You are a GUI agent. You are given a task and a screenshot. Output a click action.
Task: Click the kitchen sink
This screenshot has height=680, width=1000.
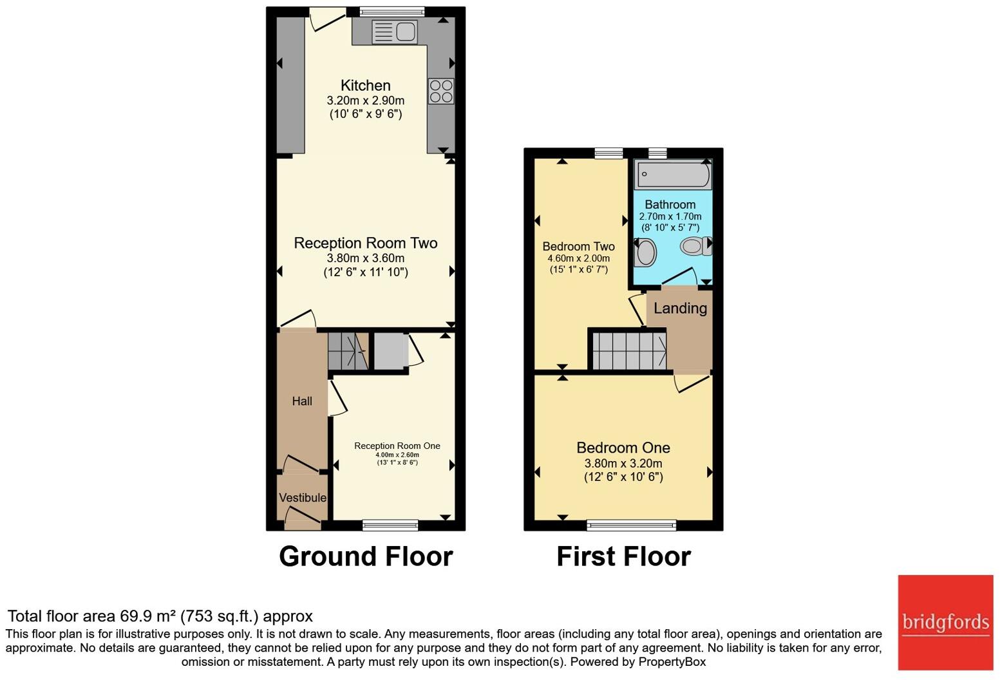click(x=395, y=32)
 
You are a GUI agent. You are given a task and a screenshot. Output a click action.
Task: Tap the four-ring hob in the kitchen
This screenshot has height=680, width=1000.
click(x=441, y=91)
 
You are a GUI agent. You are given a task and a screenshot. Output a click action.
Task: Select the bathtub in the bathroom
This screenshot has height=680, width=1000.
click(x=674, y=174)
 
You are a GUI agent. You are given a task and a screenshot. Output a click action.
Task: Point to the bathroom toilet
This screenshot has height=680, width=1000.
click(x=696, y=246)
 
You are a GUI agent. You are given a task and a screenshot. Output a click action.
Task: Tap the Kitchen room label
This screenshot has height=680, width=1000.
click(x=366, y=85)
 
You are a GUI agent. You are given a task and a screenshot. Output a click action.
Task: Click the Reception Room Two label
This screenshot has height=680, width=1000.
click(x=366, y=243)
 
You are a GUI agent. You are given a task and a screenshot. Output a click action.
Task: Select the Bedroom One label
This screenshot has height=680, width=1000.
click(x=623, y=448)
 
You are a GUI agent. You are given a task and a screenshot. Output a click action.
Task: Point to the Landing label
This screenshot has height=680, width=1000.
click(x=681, y=308)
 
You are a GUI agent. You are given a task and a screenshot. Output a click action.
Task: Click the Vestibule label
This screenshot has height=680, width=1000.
click(x=303, y=497)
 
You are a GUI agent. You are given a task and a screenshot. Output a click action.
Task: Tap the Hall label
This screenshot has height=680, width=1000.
click(x=302, y=401)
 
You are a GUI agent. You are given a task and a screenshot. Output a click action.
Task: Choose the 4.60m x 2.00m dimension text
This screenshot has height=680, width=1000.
click(x=579, y=258)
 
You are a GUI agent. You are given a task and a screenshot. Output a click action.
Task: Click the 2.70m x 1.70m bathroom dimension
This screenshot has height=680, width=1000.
click(x=670, y=216)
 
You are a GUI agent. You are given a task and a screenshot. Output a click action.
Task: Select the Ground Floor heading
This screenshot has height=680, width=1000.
click(x=366, y=556)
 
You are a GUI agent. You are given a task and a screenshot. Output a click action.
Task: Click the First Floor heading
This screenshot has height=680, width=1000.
click(x=624, y=556)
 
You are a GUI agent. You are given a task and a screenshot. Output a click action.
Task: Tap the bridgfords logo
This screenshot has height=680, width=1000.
click(x=945, y=623)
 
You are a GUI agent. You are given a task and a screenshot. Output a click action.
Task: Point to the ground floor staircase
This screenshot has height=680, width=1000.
click(x=348, y=352)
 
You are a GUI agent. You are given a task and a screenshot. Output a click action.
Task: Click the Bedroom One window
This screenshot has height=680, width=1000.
click(x=631, y=525)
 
